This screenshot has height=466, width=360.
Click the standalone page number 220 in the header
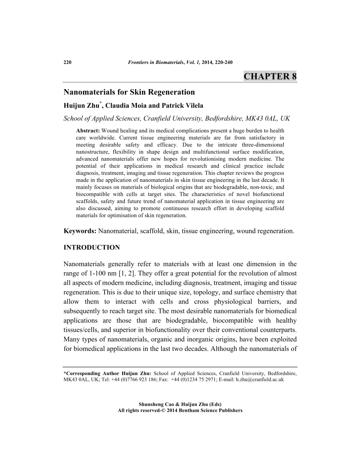coord(68,62)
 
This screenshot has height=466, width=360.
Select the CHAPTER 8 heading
coord(270,76)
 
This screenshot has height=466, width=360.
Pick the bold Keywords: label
coord(80,231)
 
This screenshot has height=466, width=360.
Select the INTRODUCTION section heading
coord(92,248)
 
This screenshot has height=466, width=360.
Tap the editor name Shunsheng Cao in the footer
coord(156,404)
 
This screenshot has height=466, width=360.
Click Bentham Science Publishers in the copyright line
coord(210,410)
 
